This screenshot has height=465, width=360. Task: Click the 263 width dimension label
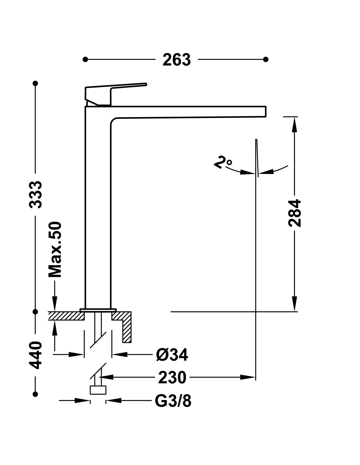click(x=176, y=60)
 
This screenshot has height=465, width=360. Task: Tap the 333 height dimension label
click(x=36, y=195)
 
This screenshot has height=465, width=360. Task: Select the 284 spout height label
click(x=295, y=213)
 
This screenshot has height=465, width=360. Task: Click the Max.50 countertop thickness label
click(x=55, y=250)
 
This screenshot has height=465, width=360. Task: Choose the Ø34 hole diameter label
click(x=172, y=355)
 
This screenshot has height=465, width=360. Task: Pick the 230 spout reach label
click(x=172, y=377)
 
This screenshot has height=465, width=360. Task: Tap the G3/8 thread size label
click(x=173, y=401)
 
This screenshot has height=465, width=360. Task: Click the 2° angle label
click(x=223, y=163)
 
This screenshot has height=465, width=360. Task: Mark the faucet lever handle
click(x=116, y=94)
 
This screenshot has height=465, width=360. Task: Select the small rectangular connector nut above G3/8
click(x=98, y=390)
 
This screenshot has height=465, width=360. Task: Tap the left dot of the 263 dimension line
click(x=85, y=59)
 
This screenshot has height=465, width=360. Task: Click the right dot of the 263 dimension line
click(x=265, y=59)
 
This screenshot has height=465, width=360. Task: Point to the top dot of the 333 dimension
click(x=35, y=83)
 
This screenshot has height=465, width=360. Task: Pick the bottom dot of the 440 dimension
click(x=35, y=394)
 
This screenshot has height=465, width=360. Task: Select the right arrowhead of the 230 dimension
click(x=248, y=377)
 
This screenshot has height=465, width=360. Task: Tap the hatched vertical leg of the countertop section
click(x=127, y=331)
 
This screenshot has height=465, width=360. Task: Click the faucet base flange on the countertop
click(x=98, y=310)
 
